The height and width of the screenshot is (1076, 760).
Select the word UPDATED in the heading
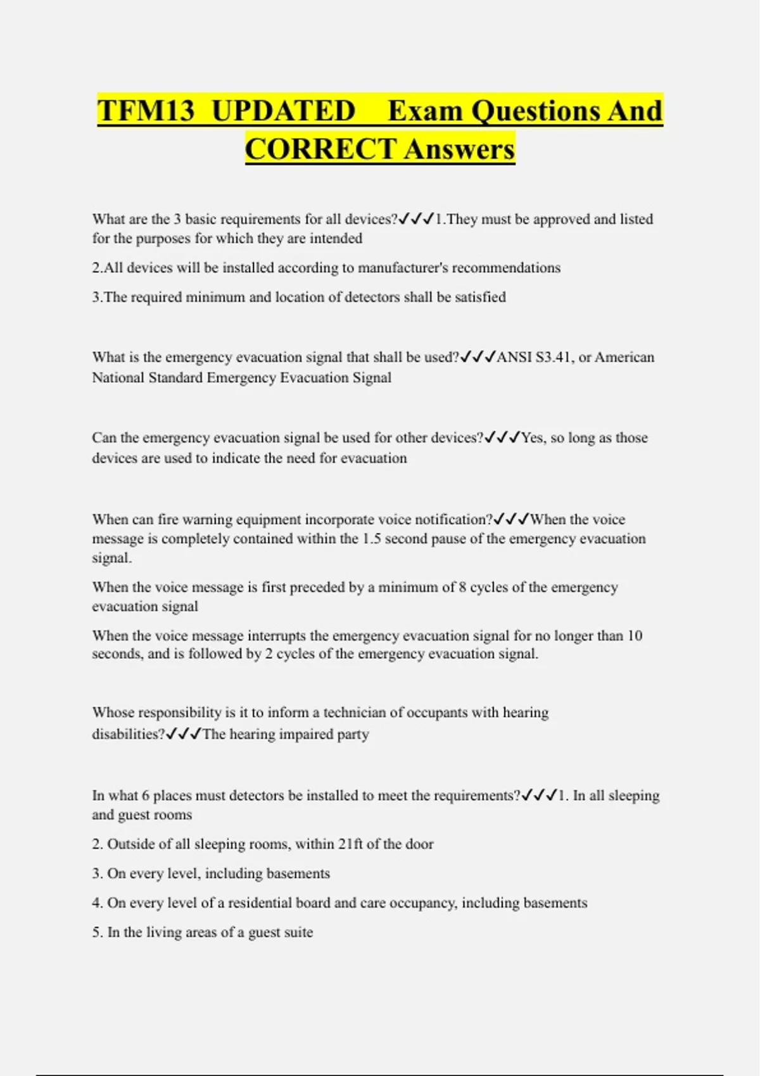click(283, 111)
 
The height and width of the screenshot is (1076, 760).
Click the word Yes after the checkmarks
click(533, 438)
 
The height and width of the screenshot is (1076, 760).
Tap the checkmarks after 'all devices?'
click(416, 219)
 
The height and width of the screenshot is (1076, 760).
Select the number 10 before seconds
click(635, 635)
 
